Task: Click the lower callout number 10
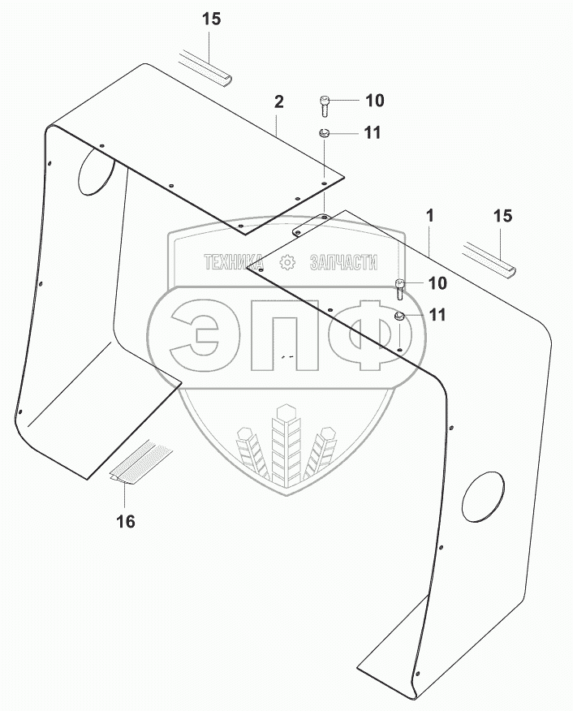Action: tap(437, 283)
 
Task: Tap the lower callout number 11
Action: tap(437, 316)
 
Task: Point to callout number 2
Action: tap(278, 102)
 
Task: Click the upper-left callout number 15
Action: tap(211, 19)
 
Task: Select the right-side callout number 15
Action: tap(503, 216)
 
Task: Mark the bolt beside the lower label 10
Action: tap(400, 287)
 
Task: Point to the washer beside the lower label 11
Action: tap(400, 316)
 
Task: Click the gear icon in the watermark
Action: tap(286, 261)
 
